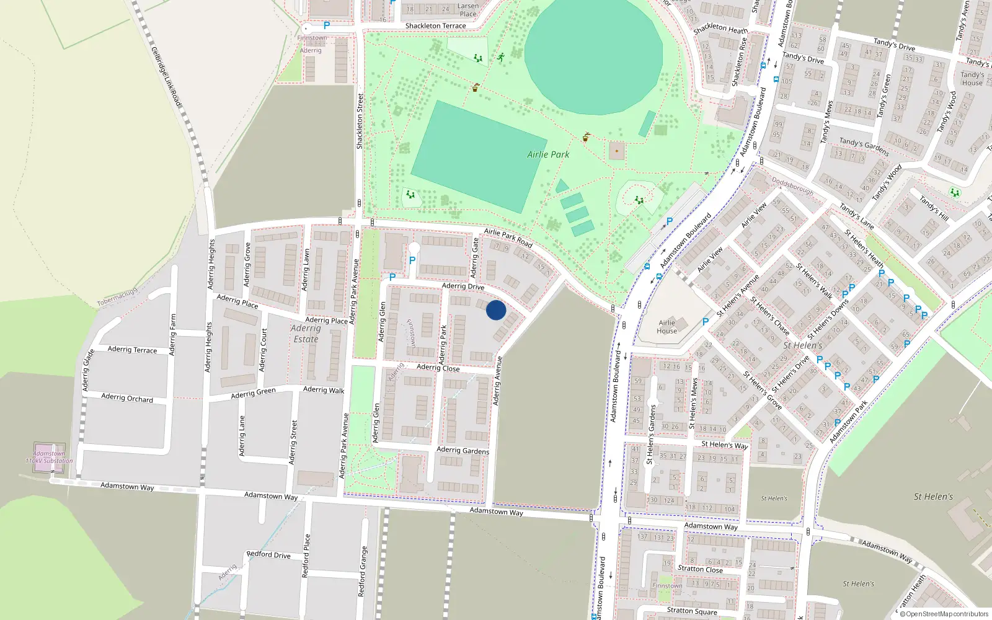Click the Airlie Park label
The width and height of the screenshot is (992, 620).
pyautogui.click(x=548, y=154)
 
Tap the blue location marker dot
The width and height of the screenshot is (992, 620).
pyautogui.click(x=496, y=310)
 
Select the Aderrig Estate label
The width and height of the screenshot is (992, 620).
pyautogui.click(x=306, y=334)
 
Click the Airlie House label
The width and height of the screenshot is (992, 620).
pyautogui.click(x=666, y=327)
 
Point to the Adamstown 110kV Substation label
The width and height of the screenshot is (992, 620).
pyautogui.click(x=49, y=458)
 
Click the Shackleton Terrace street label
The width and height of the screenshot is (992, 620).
pyautogui.click(x=435, y=26)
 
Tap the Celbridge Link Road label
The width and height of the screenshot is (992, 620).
pyautogui.click(x=166, y=76)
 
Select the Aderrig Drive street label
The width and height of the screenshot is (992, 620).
pyautogui.click(x=463, y=286)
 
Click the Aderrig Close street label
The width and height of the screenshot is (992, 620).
pyautogui.click(x=438, y=368)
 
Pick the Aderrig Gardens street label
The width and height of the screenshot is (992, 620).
pyautogui.click(x=463, y=451)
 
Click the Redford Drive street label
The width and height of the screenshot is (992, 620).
pyautogui.click(x=268, y=554)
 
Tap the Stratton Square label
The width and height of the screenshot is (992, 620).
pyautogui.click(x=692, y=611)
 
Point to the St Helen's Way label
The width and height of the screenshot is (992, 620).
pyautogui.click(x=724, y=445)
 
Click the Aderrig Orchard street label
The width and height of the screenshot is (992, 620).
pyautogui.click(x=127, y=398)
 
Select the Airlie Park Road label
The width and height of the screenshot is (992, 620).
pyautogui.click(x=508, y=237)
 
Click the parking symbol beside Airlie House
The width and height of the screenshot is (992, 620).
pyautogui.click(x=705, y=322)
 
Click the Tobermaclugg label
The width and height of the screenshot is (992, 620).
pyautogui.click(x=117, y=297)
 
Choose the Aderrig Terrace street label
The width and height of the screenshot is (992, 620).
pyautogui.click(x=132, y=350)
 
